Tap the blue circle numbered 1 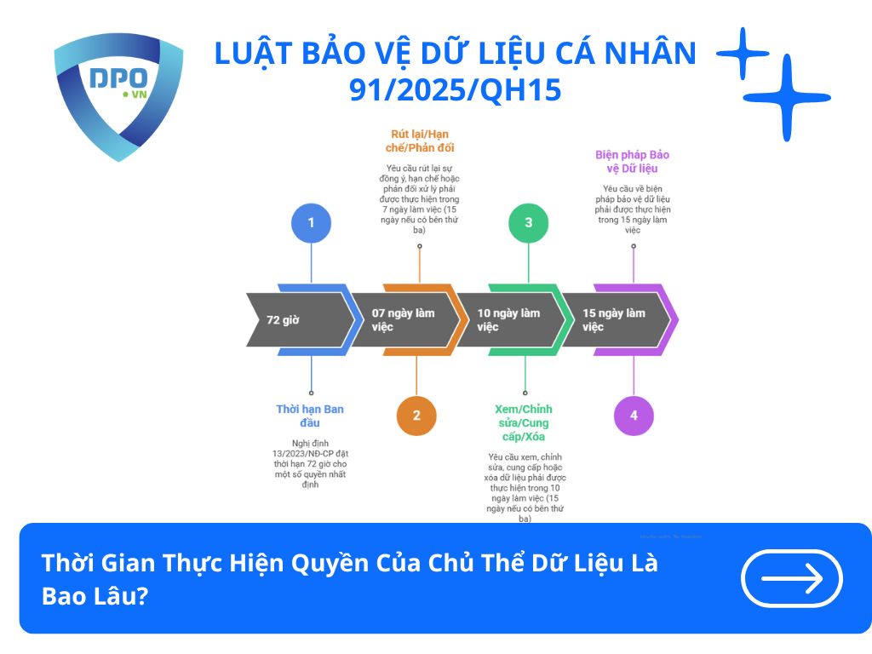click(311, 223)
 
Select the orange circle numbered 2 click(416, 416)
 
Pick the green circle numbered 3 click(528, 223)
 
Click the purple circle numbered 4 click(634, 416)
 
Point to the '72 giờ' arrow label click(283, 320)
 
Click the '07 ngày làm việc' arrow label click(403, 320)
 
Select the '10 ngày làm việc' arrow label click(508, 320)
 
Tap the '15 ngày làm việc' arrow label click(614, 320)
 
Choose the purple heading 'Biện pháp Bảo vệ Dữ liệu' click(632, 162)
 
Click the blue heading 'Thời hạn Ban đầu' click(310, 416)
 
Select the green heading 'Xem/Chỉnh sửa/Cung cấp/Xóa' click(524, 422)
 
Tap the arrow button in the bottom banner click(792, 578)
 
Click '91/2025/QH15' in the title click(456, 89)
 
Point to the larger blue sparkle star click(786, 98)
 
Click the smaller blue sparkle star click(743, 54)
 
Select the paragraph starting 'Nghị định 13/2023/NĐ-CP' click(308, 463)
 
